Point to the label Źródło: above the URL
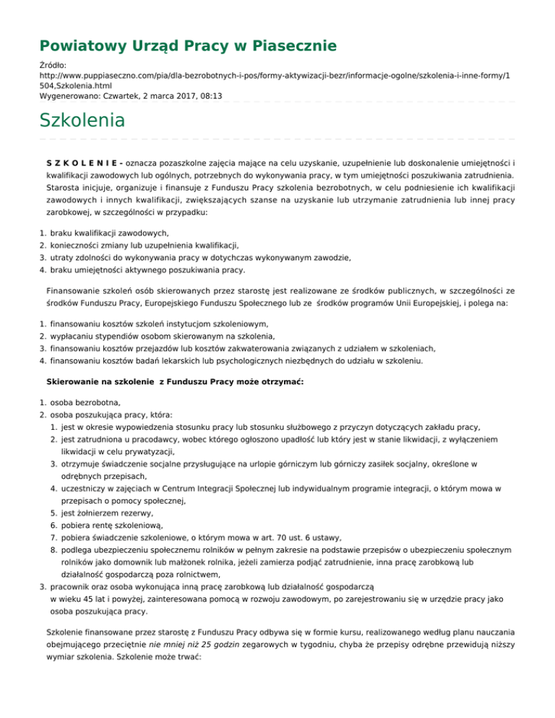[52, 65]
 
